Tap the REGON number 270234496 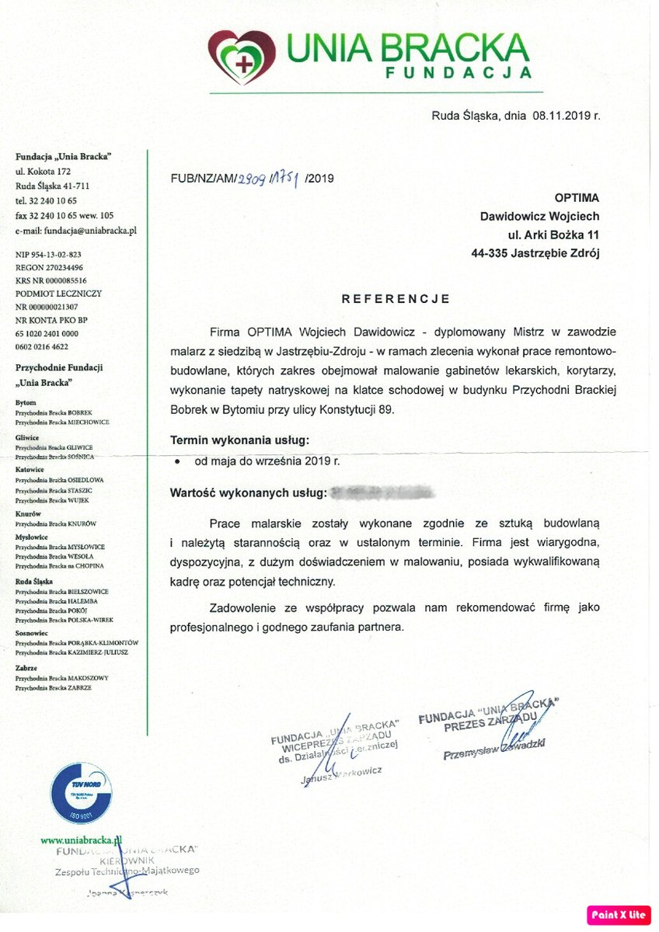click(65, 267)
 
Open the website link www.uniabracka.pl click(82, 840)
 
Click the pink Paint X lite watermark click(619, 915)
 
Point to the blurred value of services click(382, 492)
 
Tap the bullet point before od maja click(178, 461)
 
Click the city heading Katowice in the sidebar click(30, 470)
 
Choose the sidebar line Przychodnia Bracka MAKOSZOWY click(62, 678)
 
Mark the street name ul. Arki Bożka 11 click(553, 235)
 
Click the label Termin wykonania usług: click(239, 440)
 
